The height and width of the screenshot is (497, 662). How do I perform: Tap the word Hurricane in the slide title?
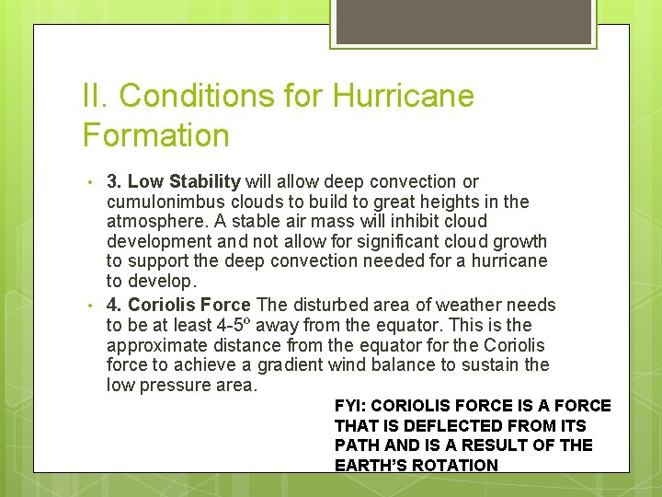(404, 96)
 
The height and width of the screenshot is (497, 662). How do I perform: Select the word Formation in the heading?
(156, 135)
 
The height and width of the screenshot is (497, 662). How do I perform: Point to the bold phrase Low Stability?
(184, 181)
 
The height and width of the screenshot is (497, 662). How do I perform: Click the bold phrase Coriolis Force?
(189, 305)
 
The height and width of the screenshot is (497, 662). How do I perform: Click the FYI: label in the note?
(350, 406)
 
